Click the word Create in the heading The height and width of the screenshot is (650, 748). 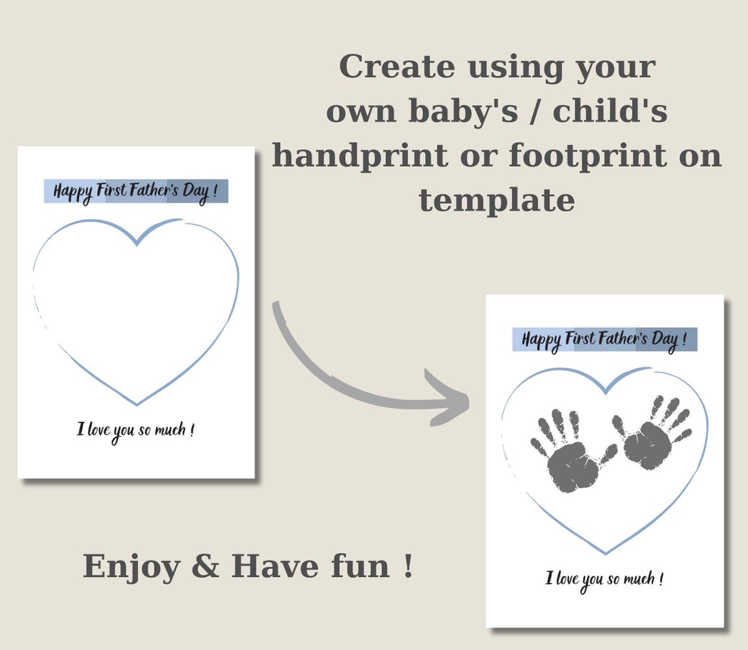396,67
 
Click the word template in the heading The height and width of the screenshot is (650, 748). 497,200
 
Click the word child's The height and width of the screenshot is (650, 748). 610,112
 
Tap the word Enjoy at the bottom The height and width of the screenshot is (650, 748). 131,567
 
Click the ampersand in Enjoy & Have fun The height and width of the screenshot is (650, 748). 205,567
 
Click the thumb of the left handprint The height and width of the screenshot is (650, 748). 608,453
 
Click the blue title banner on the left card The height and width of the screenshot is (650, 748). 136,191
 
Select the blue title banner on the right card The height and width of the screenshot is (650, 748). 604,339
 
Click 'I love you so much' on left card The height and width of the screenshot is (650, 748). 135,431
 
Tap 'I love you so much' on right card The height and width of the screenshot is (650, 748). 604,579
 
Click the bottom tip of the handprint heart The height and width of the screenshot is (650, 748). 605,552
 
